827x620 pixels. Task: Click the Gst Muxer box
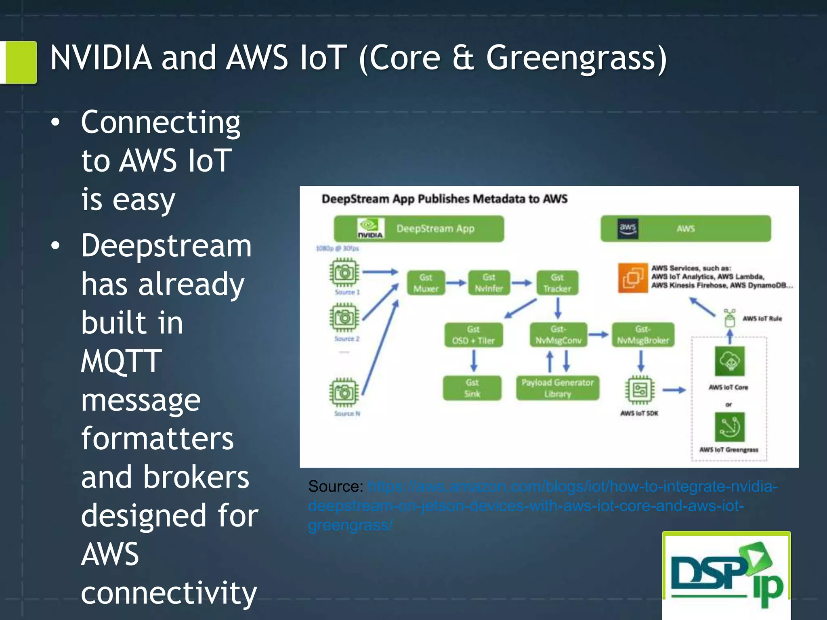(x=426, y=283)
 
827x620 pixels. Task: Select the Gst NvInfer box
(x=489, y=283)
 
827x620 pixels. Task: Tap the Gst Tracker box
(x=557, y=283)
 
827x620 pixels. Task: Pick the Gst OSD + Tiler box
(x=473, y=335)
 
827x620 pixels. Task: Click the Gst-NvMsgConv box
(x=558, y=335)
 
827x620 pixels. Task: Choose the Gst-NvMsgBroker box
(x=643, y=335)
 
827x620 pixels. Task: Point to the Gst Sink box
(x=472, y=388)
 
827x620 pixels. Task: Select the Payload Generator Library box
(x=557, y=388)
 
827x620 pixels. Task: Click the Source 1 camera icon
(x=344, y=272)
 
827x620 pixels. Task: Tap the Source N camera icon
(x=344, y=392)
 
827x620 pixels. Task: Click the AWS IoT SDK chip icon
(x=640, y=390)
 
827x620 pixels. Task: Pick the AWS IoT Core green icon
(x=729, y=361)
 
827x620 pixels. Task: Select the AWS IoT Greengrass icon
(x=729, y=427)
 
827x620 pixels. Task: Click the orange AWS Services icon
(x=632, y=277)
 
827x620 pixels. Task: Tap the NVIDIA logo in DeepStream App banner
(x=370, y=228)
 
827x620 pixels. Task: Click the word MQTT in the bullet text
(x=121, y=361)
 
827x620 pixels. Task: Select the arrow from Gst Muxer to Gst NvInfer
(x=456, y=283)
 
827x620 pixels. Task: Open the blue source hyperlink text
(x=525, y=505)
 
